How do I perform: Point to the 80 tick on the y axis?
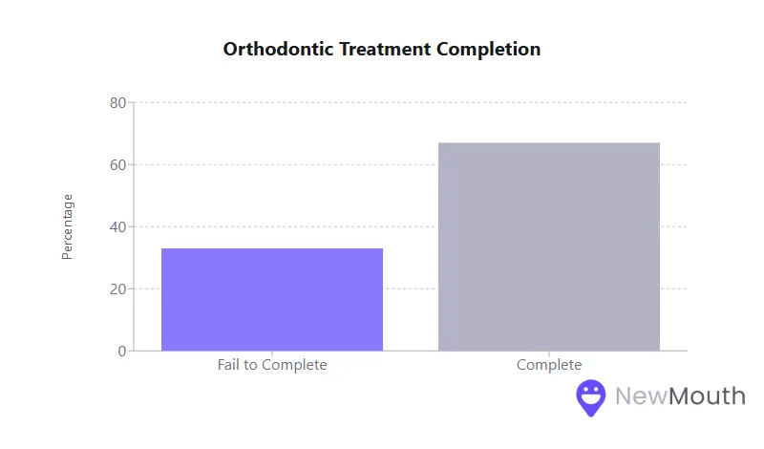click(x=118, y=103)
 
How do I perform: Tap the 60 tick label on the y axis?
click(x=118, y=165)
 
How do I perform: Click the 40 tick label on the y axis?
click(x=118, y=227)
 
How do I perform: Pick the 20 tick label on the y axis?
click(x=118, y=289)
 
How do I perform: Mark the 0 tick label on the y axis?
click(x=122, y=352)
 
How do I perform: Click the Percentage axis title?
click(x=67, y=226)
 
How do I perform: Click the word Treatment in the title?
click(x=385, y=49)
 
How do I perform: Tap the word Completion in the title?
click(x=489, y=49)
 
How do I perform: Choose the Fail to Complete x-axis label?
click(x=272, y=365)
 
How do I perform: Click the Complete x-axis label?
click(x=549, y=365)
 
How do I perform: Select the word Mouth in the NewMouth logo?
click(x=707, y=396)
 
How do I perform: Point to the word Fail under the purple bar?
click(x=230, y=365)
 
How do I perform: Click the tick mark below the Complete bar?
click(x=549, y=354)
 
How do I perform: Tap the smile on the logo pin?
click(x=591, y=398)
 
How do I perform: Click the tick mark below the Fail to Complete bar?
click(x=272, y=354)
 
